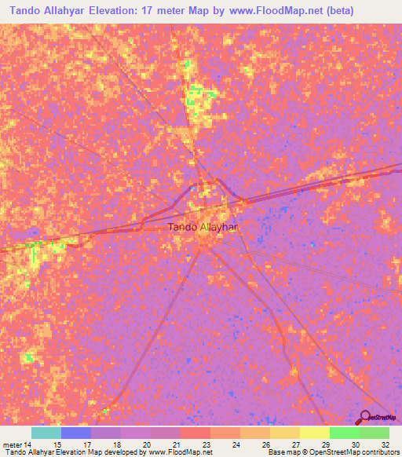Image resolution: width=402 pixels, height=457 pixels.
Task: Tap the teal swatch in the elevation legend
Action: (46, 433)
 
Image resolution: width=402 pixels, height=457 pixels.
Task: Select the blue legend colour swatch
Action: (76, 433)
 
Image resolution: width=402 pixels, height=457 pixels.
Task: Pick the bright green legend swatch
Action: (344, 433)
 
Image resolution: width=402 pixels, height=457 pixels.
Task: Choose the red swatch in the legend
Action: (195, 433)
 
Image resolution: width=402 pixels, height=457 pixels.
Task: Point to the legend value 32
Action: (385, 444)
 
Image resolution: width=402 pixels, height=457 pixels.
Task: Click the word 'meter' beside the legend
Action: (13, 444)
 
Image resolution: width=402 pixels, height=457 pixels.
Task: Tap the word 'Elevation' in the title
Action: (117, 11)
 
